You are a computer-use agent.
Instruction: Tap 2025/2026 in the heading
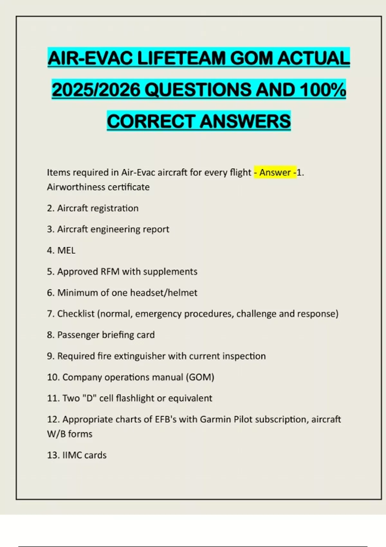(x=96, y=90)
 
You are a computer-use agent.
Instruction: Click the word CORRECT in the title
(x=151, y=121)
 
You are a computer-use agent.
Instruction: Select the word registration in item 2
(x=115, y=208)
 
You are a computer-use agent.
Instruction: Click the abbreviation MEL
(x=66, y=250)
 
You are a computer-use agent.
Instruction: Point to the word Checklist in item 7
(x=76, y=314)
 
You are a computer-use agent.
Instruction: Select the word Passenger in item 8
(x=78, y=335)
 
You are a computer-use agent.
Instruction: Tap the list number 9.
(x=50, y=356)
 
